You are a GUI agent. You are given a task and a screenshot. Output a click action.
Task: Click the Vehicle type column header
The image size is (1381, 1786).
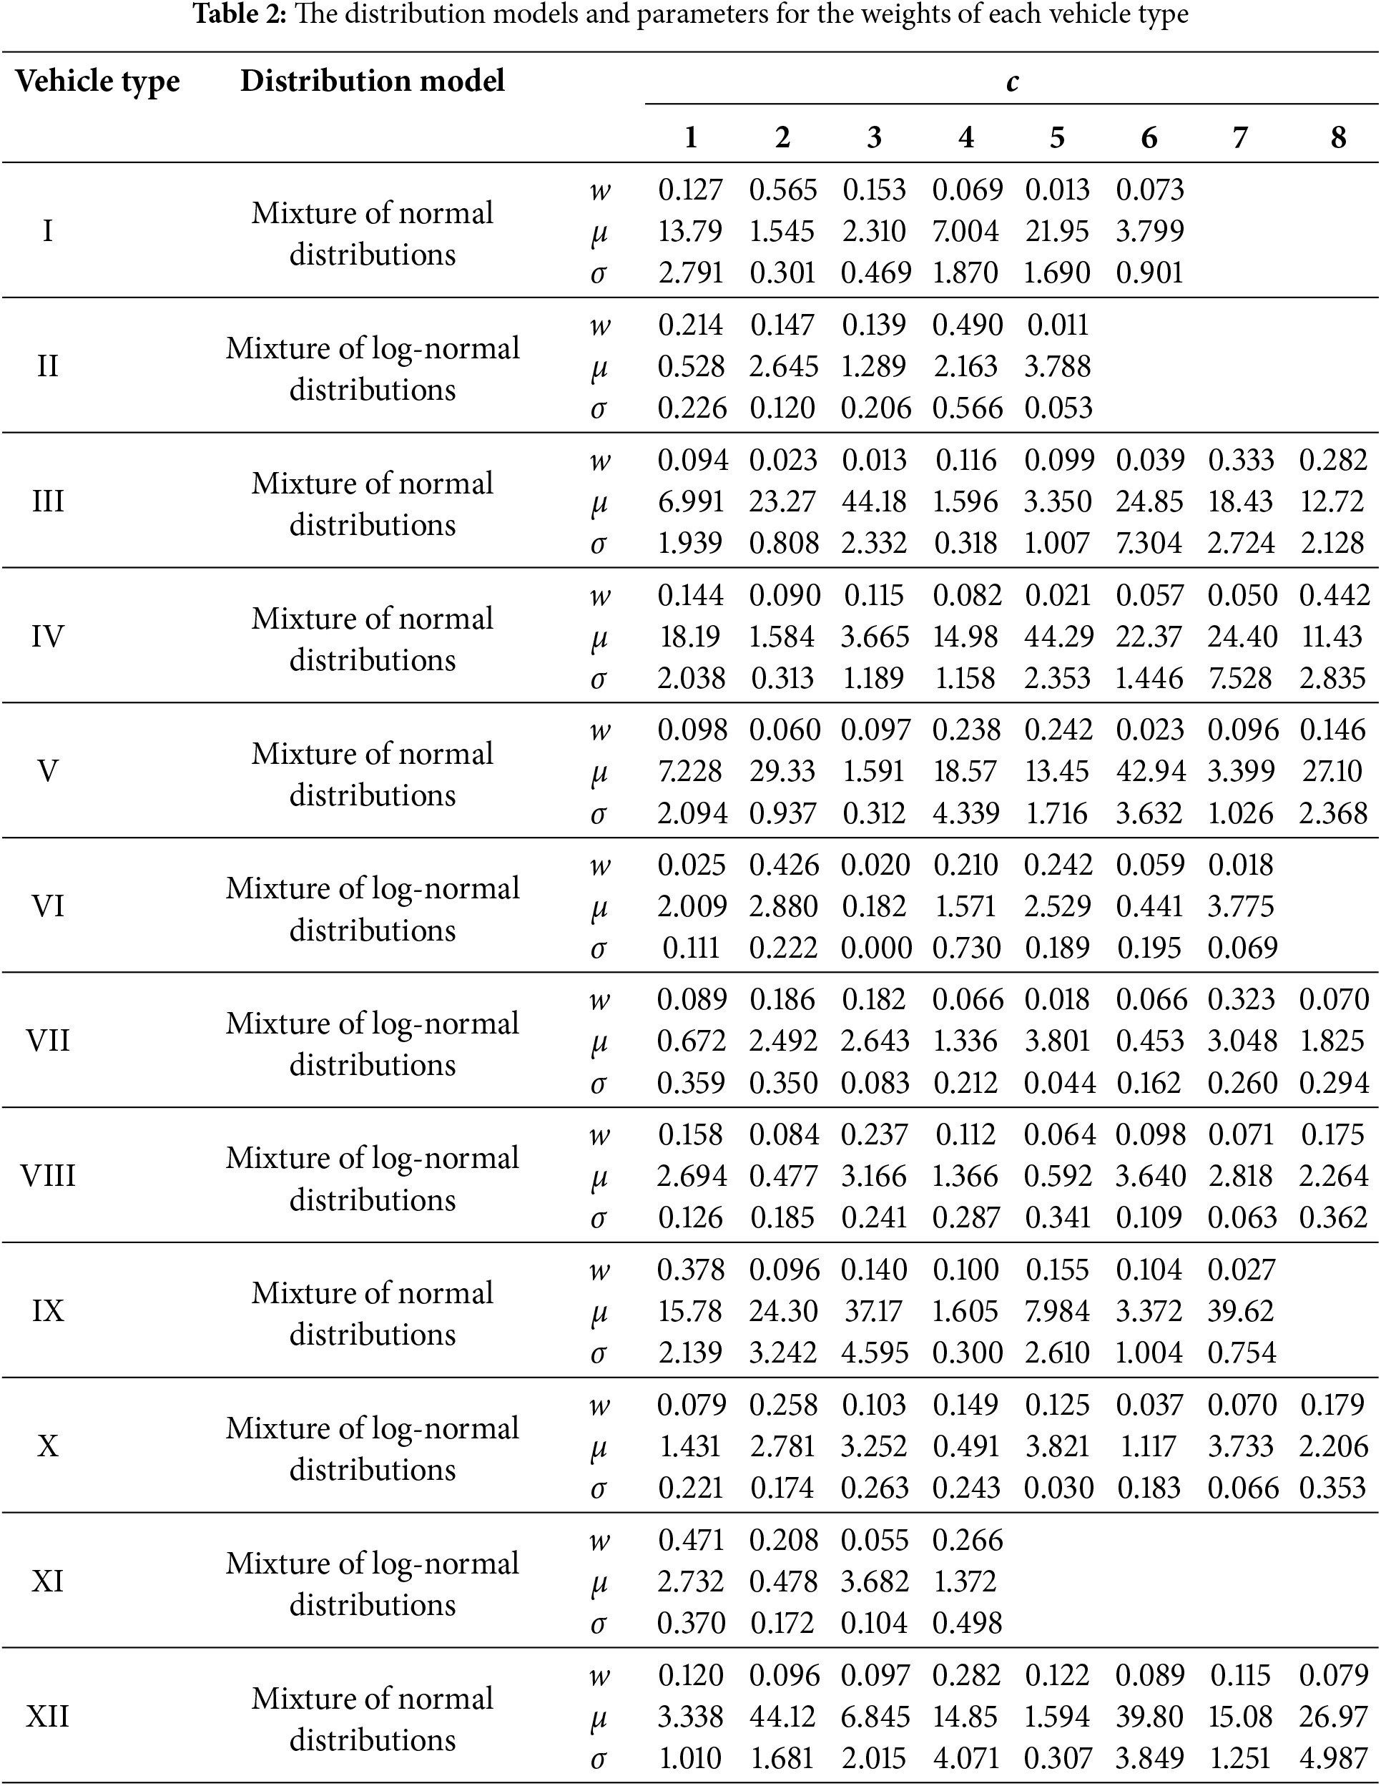[97, 82]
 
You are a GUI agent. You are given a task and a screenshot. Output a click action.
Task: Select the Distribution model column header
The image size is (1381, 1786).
[372, 81]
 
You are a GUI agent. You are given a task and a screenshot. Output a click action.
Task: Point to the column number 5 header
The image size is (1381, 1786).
[1057, 137]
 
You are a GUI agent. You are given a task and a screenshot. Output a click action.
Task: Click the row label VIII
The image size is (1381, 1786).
[47, 1176]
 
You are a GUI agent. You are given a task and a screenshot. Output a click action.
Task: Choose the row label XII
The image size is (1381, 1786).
[47, 1717]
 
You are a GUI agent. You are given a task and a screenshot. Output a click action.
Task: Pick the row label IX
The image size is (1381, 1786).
[47, 1311]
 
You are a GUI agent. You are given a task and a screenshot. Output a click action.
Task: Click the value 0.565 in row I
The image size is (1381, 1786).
[783, 190]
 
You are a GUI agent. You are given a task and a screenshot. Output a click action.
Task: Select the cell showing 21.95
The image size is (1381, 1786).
[1057, 232]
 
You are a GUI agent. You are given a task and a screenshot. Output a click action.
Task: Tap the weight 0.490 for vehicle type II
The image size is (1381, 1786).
[966, 325]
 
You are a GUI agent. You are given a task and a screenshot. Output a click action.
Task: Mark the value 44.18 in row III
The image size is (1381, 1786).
[874, 501]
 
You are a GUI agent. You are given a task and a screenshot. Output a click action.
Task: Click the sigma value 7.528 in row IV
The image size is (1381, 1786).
[1240, 678]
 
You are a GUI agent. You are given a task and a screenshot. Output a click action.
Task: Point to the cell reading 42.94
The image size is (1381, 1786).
[1149, 771]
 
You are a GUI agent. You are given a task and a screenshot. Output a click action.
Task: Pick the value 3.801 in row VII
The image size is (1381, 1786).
[1058, 1041]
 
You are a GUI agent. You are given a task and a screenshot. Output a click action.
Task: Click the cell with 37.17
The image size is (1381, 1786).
[874, 1311]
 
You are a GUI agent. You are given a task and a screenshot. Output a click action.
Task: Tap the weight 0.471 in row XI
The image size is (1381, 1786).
[691, 1540]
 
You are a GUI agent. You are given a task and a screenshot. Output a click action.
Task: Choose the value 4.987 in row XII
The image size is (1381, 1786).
[1333, 1757]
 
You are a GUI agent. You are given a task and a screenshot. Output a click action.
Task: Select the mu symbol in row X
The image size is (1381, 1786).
[599, 1447]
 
